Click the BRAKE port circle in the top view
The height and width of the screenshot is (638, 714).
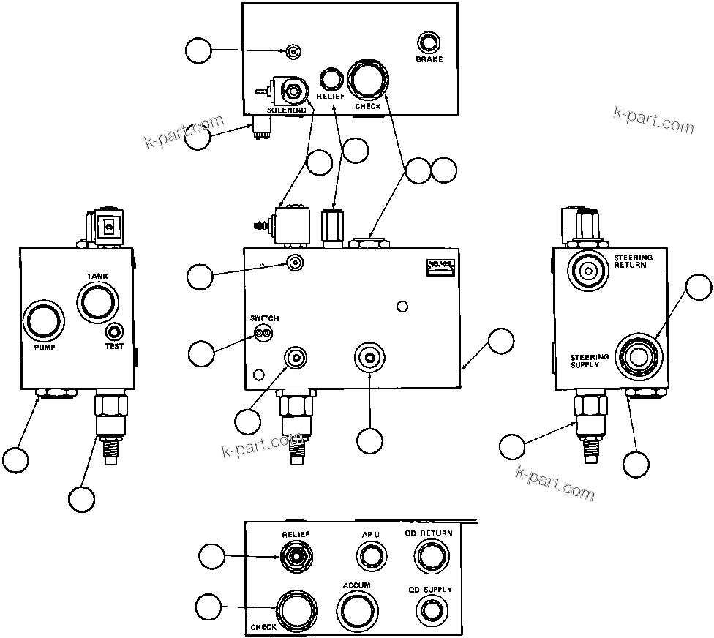click(429, 42)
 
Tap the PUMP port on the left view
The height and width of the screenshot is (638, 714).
click(44, 323)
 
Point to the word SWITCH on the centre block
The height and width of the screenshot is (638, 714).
click(264, 319)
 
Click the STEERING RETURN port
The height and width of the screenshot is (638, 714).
click(588, 270)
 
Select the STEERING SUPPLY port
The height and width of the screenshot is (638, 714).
click(638, 356)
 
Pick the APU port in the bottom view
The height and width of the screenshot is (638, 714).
click(371, 556)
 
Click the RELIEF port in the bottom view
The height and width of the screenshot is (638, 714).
click(296, 556)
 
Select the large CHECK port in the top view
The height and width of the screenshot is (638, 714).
click(368, 80)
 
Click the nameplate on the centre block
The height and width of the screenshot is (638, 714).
click(439, 268)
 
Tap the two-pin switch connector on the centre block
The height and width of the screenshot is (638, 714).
click(263, 334)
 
